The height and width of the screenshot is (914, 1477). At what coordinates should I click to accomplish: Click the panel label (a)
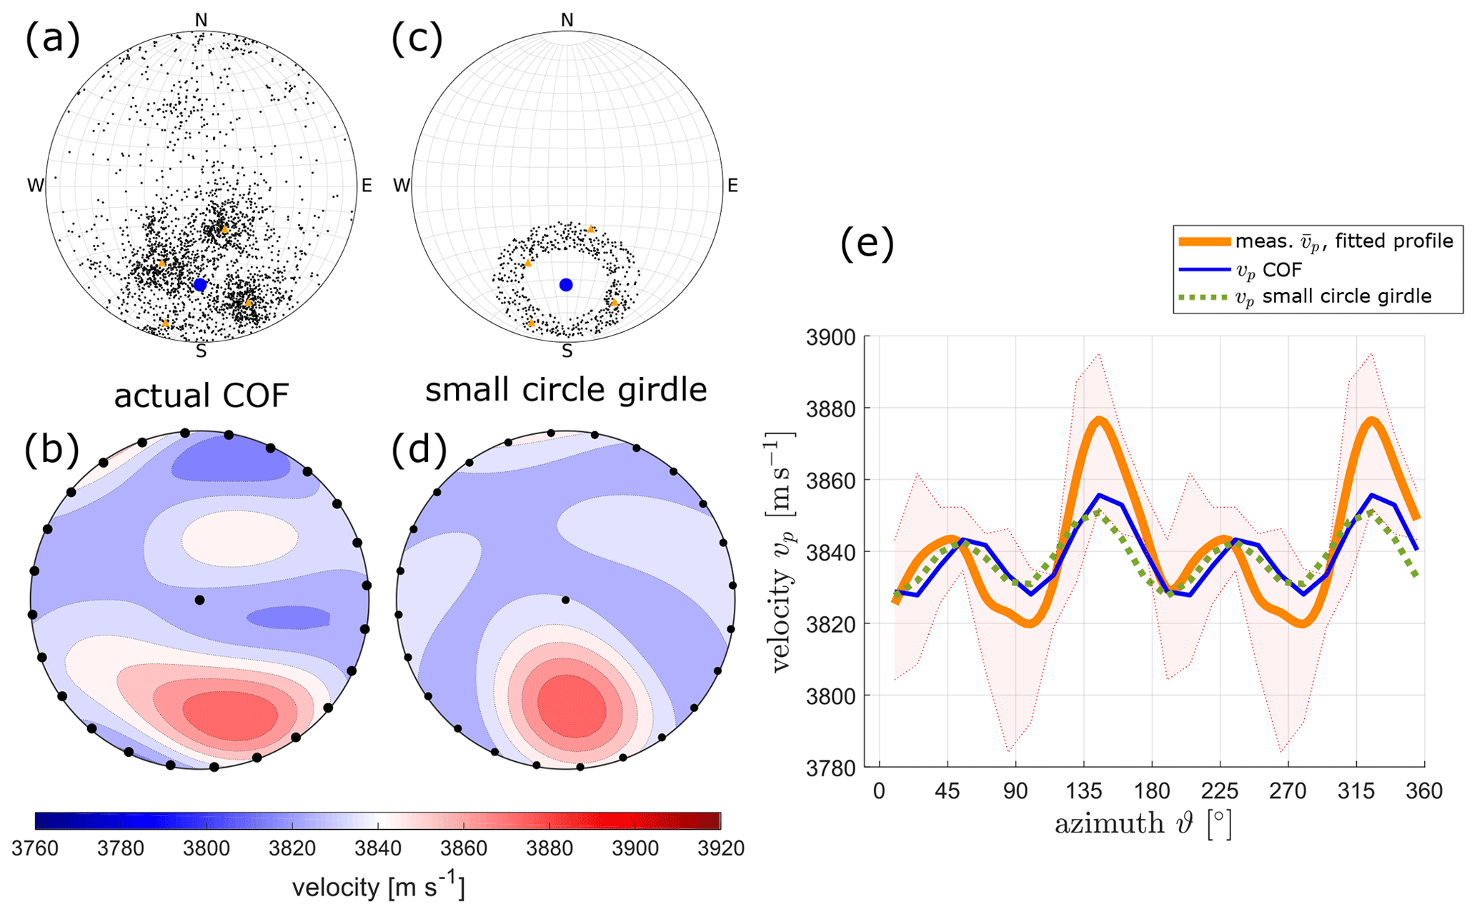[52, 39]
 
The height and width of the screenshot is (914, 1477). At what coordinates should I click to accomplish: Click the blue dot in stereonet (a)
[200, 285]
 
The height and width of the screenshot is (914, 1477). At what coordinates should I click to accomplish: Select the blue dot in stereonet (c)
[566, 285]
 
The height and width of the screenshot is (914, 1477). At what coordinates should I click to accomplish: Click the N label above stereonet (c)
[567, 20]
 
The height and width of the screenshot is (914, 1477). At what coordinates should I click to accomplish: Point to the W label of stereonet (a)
[35, 186]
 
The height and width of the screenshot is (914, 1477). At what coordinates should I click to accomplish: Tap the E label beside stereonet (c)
[732, 186]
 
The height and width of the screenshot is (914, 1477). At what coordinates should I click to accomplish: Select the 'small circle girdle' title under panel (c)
[566, 390]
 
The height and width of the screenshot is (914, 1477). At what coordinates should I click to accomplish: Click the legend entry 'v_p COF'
[1268, 269]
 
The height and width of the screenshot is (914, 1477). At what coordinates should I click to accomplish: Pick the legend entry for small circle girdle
[1333, 296]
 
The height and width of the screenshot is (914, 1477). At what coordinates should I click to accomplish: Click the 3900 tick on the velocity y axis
[830, 337]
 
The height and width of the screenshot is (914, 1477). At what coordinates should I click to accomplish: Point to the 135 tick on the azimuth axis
[1084, 791]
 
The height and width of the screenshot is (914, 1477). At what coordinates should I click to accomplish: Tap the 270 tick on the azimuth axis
[1288, 791]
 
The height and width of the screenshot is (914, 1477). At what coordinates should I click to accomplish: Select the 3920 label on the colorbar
[720, 848]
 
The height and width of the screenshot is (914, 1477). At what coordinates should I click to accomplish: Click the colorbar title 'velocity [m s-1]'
[378, 887]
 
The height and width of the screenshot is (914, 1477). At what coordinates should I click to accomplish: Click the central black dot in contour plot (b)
[199, 600]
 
